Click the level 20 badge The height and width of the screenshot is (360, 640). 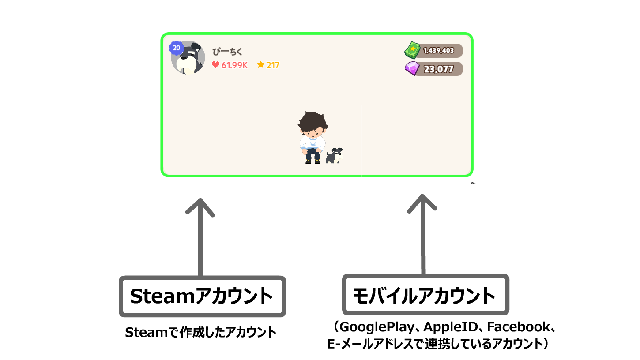[x=176, y=48]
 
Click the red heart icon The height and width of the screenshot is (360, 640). [x=215, y=65]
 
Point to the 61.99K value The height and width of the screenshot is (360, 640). [x=234, y=65]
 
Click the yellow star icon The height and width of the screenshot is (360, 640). [x=260, y=65]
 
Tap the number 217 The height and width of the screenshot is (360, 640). [x=273, y=65]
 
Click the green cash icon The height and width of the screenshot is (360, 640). [x=412, y=50]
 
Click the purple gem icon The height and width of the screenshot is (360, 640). [x=412, y=69]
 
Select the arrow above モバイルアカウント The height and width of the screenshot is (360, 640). [x=422, y=234]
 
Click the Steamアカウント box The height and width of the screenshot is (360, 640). [x=202, y=296]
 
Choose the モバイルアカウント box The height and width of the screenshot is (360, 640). [x=425, y=295]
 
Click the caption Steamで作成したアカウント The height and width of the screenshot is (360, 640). [x=200, y=332]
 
